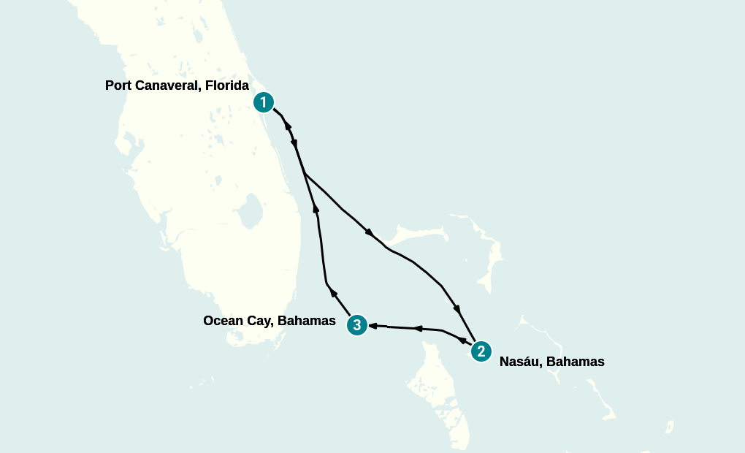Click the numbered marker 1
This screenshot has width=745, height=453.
click(x=264, y=102)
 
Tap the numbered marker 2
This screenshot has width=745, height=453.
click(x=481, y=351)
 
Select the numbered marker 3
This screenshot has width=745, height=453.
click(x=356, y=324)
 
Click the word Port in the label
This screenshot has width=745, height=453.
click(x=120, y=85)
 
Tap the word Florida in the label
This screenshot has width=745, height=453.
click(x=227, y=85)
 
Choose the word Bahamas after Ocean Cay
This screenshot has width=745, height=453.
click(x=307, y=321)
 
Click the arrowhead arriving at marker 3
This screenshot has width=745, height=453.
click(x=372, y=325)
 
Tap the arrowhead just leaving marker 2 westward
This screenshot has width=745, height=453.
click(x=462, y=340)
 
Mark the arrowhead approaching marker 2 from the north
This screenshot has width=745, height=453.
click(x=458, y=307)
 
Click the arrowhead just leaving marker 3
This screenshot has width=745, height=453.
click(x=334, y=293)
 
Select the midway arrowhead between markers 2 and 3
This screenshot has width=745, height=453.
click(x=418, y=329)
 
